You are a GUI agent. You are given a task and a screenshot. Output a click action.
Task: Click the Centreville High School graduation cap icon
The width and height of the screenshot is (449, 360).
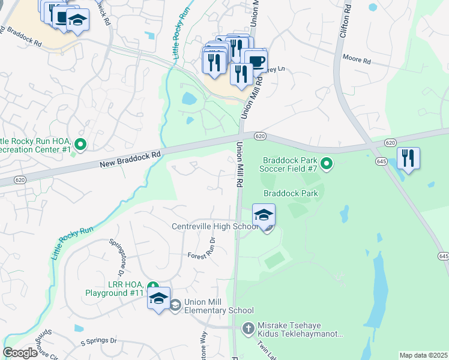pyautogui.click(x=264, y=215)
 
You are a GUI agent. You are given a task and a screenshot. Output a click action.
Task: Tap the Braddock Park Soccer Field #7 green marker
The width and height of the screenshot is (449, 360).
pyautogui.click(x=327, y=163)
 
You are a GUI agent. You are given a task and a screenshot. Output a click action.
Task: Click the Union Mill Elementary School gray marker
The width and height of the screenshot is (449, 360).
pyautogui.click(x=175, y=305)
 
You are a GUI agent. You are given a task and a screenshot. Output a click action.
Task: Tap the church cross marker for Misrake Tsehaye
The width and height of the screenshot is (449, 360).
pyautogui.click(x=249, y=328)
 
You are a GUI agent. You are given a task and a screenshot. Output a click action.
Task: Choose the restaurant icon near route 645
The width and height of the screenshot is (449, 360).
pyautogui.click(x=408, y=158)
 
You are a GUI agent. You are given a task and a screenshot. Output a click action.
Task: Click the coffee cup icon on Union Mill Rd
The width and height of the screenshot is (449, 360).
pyautogui.click(x=256, y=62)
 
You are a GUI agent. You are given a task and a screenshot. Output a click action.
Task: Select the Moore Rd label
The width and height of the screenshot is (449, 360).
pyautogui.click(x=357, y=61)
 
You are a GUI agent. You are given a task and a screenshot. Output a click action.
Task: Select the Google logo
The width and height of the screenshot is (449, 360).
pyautogui.click(x=20, y=353)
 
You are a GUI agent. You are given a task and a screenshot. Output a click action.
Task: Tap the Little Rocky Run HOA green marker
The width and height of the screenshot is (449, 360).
pyautogui.click(x=81, y=144)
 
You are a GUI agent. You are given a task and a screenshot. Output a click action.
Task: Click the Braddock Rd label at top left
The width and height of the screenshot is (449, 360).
pyautogui.click(x=21, y=38)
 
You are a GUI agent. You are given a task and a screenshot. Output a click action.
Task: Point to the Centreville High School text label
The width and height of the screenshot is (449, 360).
pyautogui.click(x=214, y=226)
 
